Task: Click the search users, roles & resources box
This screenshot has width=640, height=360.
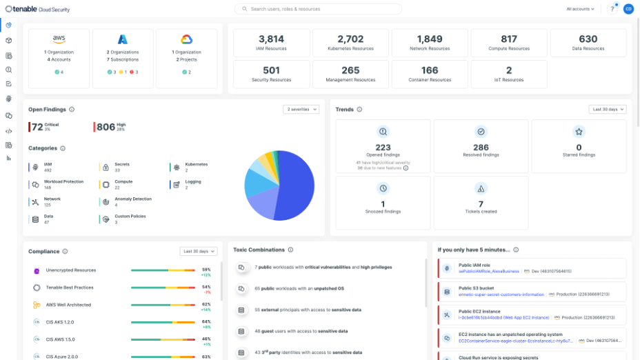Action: click(317, 9)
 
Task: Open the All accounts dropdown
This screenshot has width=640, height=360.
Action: click(580, 9)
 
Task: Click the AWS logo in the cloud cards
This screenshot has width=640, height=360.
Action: click(59, 39)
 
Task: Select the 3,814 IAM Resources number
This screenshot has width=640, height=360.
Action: click(271, 39)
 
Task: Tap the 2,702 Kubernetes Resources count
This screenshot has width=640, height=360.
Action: click(350, 39)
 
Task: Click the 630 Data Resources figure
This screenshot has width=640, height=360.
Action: click(588, 39)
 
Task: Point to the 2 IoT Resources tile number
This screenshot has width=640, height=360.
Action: click(509, 70)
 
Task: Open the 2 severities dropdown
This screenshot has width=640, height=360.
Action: click(301, 109)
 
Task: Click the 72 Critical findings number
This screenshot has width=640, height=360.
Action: click(37, 127)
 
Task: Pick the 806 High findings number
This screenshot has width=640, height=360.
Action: click(106, 127)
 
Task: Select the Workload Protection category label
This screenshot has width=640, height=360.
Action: click(63, 182)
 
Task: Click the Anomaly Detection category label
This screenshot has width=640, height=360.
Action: click(133, 199)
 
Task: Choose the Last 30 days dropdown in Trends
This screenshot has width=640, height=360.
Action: click(608, 109)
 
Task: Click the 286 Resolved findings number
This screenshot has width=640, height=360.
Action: click(481, 148)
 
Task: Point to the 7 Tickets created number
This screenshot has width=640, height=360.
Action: click(481, 204)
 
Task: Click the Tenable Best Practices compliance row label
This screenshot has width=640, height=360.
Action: click(70, 288)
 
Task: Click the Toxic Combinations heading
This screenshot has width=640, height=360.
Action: click(259, 250)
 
